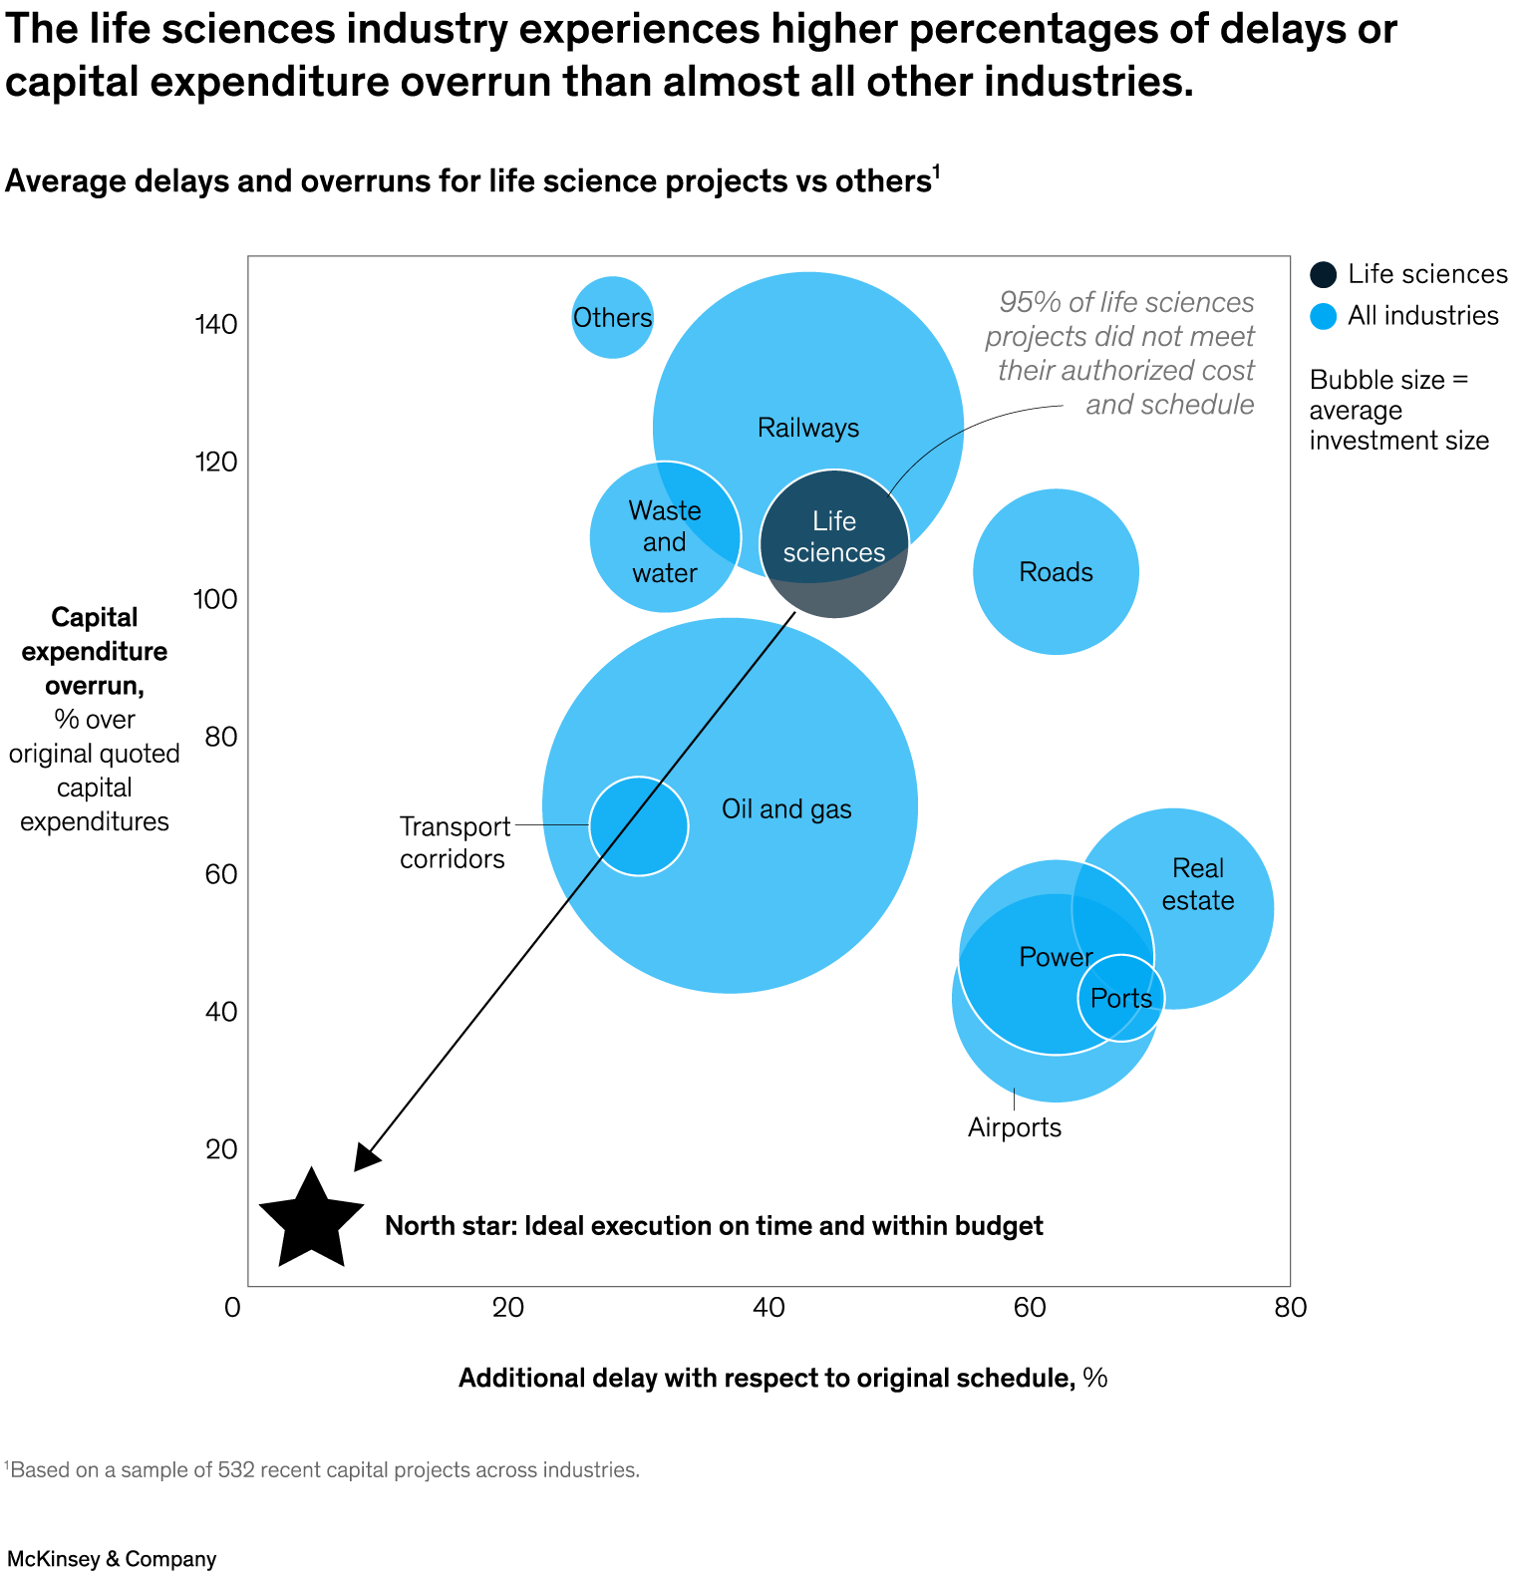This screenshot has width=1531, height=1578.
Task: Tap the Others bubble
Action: tap(613, 318)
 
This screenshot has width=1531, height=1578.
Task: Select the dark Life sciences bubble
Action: tap(834, 544)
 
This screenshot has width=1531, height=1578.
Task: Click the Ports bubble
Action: tap(1121, 998)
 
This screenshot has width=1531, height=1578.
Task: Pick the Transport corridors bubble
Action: tap(639, 826)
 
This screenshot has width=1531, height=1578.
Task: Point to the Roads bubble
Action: tap(1056, 572)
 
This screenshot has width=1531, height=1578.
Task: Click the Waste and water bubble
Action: tap(665, 538)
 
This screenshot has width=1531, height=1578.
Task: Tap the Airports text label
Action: tap(1015, 1127)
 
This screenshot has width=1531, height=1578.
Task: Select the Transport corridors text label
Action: tap(455, 842)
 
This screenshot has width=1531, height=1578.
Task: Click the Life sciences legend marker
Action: tap(1324, 275)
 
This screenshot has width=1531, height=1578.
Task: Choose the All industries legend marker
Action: tap(1324, 316)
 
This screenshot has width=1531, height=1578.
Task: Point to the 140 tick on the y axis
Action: tap(216, 324)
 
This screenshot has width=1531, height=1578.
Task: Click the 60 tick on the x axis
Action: tap(1029, 1307)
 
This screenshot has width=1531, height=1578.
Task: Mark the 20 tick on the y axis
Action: tap(222, 1149)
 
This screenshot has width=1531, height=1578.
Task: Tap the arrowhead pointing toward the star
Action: tap(366, 1157)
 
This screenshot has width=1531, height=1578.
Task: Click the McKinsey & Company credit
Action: tap(112, 1559)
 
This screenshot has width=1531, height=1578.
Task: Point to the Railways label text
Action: tap(808, 428)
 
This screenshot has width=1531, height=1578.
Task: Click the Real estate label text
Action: tap(1198, 884)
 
